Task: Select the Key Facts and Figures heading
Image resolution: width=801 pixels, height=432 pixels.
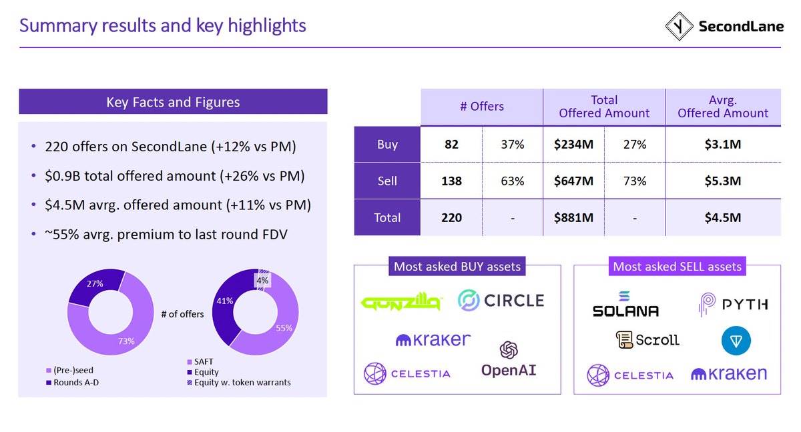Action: coord(173,102)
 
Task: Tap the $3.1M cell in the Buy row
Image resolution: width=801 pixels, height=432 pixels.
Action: coord(723,144)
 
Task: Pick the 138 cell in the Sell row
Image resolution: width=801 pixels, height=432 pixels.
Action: coord(451,181)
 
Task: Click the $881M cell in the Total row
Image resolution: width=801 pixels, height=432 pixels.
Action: coord(573,217)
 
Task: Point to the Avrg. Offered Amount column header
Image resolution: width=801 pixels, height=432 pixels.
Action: coord(723,107)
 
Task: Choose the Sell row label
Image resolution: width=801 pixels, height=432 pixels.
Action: coord(387,181)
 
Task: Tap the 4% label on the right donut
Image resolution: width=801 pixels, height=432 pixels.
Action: coord(262,281)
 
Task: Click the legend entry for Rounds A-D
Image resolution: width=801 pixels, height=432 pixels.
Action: coord(77,383)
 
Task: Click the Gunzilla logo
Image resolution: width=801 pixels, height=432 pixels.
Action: coord(400,303)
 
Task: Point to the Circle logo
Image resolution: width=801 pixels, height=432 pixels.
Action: coord(501,300)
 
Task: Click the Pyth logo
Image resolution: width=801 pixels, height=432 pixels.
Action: coord(733,305)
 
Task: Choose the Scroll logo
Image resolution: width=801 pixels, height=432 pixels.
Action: coord(647,340)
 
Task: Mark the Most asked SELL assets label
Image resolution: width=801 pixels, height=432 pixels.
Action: coord(677,267)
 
